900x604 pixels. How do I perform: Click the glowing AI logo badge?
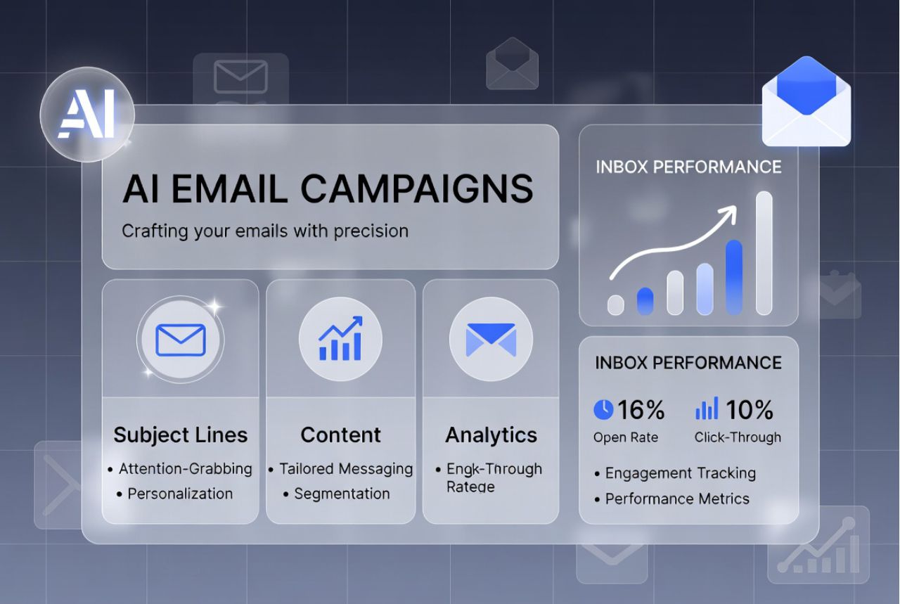point(86,114)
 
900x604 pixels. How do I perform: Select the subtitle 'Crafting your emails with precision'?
point(265,231)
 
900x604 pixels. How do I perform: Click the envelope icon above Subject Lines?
point(181,340)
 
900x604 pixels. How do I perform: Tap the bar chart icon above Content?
point(340,338)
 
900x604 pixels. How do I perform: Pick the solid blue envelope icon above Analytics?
point(491,339)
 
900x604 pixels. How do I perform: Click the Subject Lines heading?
point(181,435)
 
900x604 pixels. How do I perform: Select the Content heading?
point(340,435)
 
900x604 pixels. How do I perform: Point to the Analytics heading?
point(491,435)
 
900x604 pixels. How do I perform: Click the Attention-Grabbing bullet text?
point(185,468)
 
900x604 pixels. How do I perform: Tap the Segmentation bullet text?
point(342,494)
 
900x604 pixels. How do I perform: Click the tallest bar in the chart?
point(764,253)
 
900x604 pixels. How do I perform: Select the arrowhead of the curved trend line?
point(731,212)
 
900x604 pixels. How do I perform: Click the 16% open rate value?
point(641,409)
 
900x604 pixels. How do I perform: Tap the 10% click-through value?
point(749,409)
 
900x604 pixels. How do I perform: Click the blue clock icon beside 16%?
point(603,409)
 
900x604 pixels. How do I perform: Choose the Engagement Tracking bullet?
point(680,473)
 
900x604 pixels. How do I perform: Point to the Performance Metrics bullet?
point(677,499)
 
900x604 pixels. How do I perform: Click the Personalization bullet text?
point(180,494)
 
